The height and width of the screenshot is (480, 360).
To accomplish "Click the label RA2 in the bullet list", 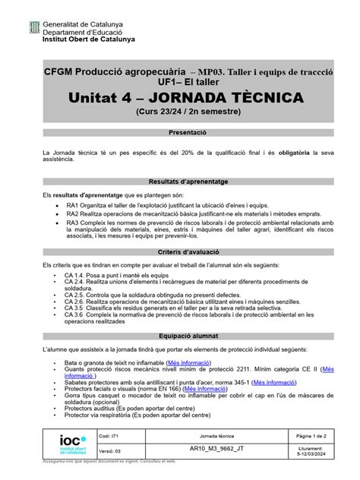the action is pyautogui.click(x=74, y=214).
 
